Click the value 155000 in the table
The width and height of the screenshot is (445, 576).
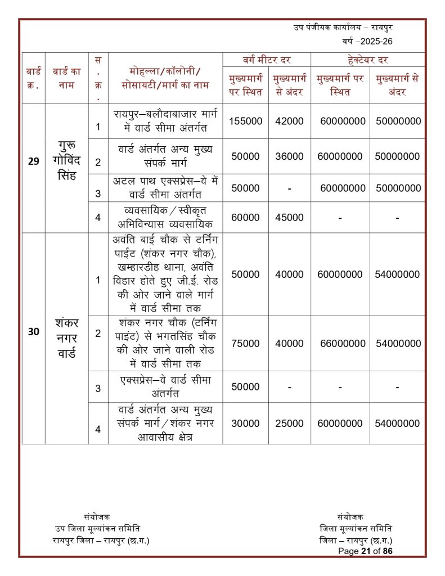245,121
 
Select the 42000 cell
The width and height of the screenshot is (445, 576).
289,121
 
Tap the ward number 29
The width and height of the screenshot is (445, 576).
34,161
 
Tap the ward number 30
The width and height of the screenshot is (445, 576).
34,332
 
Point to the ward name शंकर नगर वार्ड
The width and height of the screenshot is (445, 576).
67,340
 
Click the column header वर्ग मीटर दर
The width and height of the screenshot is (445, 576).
267,60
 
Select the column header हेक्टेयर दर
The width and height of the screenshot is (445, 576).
368,60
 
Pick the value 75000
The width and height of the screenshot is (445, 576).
245,343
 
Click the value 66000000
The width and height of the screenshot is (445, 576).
343,343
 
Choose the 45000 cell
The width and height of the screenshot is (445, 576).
289,217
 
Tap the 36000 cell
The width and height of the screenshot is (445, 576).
289,156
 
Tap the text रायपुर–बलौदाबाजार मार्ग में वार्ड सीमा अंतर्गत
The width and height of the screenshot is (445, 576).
165,120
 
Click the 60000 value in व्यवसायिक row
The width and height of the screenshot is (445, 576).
245,217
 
